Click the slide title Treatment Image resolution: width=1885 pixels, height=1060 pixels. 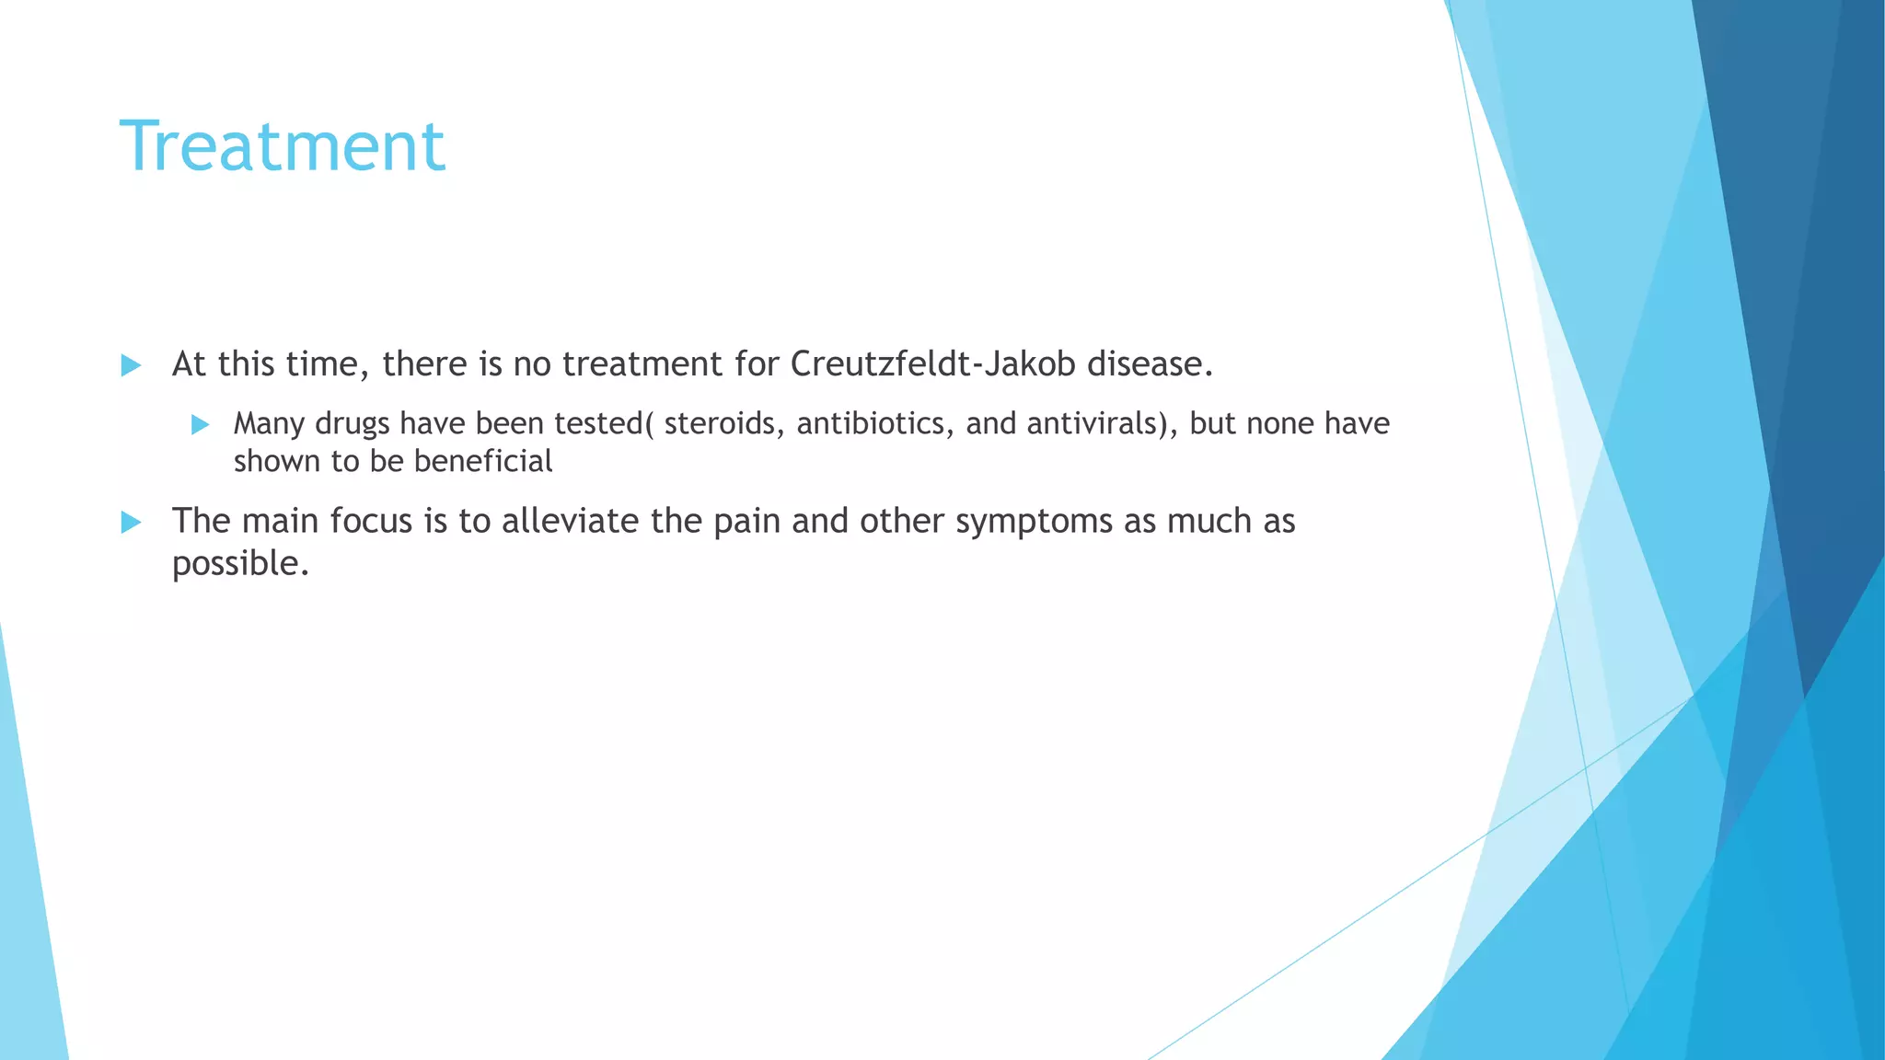(x=283, y=146)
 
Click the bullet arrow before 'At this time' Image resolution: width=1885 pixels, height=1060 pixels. (x=131, y=365)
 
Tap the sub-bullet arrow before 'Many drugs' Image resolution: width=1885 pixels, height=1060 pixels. (x=200, y=424)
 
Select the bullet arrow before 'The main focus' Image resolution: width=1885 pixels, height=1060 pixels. (x=131, y=523)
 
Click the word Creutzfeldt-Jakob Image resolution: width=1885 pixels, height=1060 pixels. (x=932, y=364)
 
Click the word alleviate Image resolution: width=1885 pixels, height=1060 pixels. (x=571, y=522)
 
